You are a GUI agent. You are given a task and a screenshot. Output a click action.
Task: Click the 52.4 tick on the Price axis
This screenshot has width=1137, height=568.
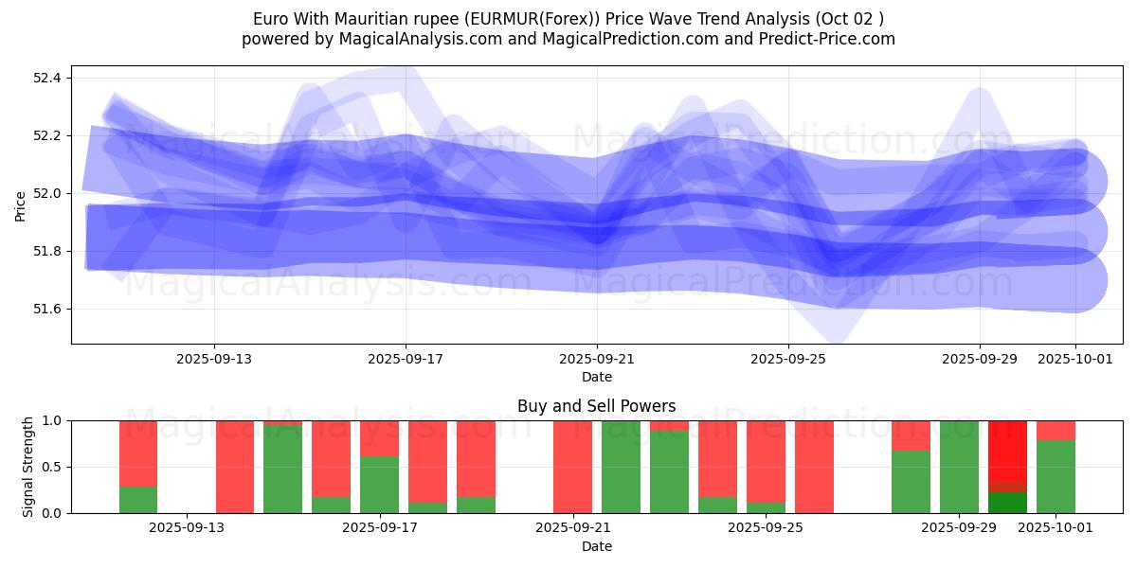point(47,78)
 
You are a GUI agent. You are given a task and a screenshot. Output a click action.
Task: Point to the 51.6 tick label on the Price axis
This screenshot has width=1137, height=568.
point(47,310)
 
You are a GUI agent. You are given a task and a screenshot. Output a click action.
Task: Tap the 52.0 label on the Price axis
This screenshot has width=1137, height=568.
point(47,193)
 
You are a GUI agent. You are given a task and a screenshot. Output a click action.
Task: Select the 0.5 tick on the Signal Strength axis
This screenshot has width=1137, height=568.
point(52,467)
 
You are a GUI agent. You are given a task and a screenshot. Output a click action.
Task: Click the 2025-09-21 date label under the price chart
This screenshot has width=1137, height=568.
point(597,359)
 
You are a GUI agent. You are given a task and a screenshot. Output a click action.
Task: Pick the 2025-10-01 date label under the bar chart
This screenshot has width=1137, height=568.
point(1056,528)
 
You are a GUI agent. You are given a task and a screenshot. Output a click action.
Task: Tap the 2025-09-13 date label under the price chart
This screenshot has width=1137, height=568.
point(213,359)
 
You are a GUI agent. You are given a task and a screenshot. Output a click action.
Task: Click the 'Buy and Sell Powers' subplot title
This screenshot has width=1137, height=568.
point(596,406)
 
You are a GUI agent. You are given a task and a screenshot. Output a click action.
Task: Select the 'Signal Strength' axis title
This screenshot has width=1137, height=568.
point(28,467)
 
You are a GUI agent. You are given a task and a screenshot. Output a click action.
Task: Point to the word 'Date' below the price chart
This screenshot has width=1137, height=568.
point(596,377)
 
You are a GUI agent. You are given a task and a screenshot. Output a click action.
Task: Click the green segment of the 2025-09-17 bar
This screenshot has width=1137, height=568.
point(379,485)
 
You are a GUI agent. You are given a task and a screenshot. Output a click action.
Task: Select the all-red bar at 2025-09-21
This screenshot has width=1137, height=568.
point(572,467)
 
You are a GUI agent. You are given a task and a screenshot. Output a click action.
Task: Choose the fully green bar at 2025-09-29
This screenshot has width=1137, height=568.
point(959,467)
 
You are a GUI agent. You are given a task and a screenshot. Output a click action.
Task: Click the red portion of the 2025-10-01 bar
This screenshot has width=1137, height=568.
point(1056,430)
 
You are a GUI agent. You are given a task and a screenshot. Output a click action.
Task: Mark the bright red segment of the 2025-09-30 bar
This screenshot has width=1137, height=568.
point(1007,451)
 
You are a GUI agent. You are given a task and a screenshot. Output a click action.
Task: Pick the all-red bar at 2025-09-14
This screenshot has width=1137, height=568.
point(235,467)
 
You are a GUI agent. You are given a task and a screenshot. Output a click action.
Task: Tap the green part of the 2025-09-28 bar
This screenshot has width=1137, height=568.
point(911,482)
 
